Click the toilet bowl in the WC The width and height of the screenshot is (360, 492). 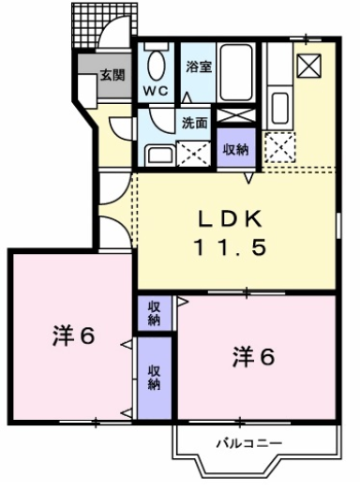tap(156, 64)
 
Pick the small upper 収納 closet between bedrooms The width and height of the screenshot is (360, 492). tap(153, 313)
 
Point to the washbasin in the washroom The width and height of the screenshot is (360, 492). tap(158, 153)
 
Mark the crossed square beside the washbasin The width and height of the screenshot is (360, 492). tap(191, 153)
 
